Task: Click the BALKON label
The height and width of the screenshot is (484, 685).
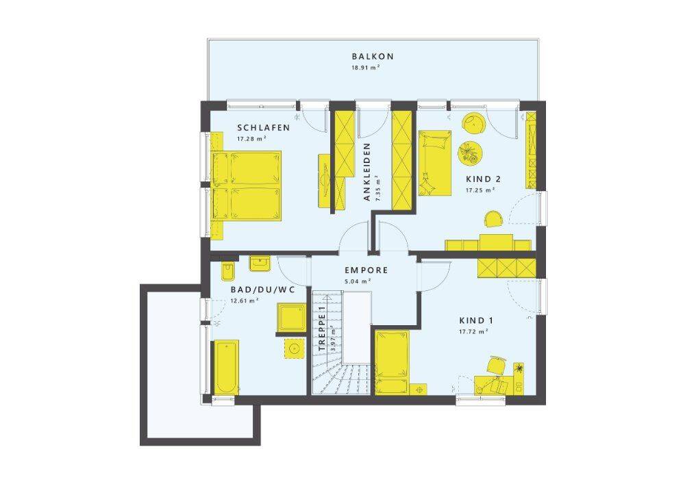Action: tap(373, 56)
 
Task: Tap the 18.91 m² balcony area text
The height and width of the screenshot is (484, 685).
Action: tap(366, 68)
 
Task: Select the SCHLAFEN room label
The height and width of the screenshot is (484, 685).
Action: tap(264, 128)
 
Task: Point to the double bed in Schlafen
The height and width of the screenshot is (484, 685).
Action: tap(246, 186)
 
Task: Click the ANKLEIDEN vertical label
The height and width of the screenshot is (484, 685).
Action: tap(367, 172)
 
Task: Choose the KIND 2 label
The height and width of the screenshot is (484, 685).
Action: tap(483, 179)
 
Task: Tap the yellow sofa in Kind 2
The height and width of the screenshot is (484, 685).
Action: tap(435, 163)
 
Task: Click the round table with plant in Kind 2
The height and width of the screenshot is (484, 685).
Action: tap(470, 153)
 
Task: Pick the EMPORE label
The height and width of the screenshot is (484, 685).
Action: tap(366, 270)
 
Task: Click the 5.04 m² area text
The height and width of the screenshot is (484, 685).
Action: tap(358, 281)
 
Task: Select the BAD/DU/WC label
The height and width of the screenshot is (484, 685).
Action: tap(262, 290)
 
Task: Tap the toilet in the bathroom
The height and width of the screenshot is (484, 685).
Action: tap(228, 272)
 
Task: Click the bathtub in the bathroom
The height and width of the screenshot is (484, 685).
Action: tap(226, 368)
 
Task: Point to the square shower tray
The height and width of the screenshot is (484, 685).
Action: tap(291, 317)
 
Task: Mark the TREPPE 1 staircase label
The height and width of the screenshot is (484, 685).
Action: tap(323, 330)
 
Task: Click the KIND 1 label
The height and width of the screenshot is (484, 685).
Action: tap(476, 320)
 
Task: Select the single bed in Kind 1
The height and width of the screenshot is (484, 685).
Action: tap(393, 362)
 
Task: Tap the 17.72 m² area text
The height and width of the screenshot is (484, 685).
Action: tap(473, 332)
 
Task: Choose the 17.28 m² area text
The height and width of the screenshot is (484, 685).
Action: tap(251, 139)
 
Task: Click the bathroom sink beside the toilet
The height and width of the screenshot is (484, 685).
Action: tap(260, 264)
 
